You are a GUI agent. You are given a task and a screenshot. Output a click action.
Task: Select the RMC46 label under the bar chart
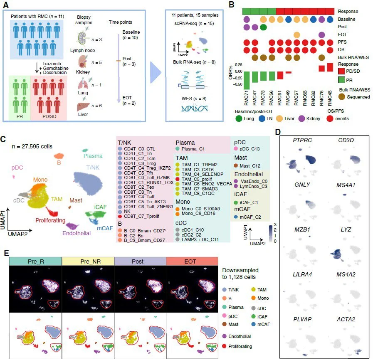[x=330, y=99]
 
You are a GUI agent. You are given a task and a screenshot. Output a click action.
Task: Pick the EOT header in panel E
[x=192, y=262]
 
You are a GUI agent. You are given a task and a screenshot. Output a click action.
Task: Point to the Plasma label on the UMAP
[x=93, y=156]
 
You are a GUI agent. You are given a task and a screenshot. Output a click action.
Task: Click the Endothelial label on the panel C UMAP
[x=76, y=233]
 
